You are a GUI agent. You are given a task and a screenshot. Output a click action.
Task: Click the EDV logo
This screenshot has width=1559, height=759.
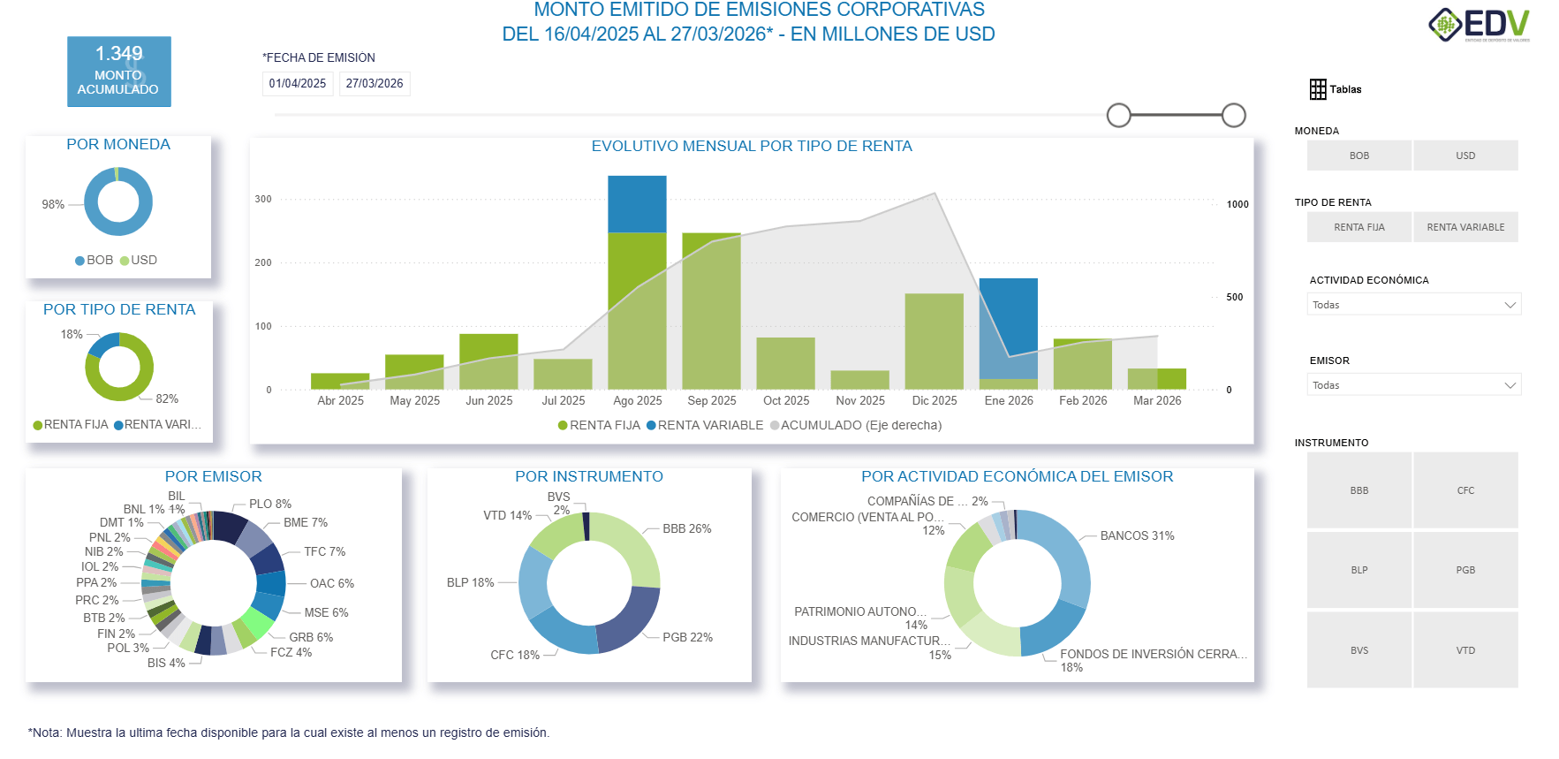(x=1480, y=25)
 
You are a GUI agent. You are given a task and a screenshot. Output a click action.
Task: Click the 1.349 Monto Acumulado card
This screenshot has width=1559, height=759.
(x=119, y=72)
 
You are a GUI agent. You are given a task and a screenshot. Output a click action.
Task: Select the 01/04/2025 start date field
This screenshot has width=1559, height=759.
(x=298, y=84)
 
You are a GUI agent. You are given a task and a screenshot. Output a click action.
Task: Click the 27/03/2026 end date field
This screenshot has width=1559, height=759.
(x=375, y=84)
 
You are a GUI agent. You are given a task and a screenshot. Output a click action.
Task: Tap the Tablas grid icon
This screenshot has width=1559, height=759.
(x=1318, y=89)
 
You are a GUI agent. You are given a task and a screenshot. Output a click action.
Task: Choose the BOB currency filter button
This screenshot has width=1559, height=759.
(x=1358, y=156)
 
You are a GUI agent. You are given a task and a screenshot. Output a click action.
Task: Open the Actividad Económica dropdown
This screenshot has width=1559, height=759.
(x=1413, y=305)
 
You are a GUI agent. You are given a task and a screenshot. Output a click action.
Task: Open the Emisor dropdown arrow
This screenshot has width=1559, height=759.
(x=1510, y=385)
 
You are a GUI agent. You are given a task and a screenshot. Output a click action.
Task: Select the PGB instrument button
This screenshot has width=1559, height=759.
(x=1465, y=570)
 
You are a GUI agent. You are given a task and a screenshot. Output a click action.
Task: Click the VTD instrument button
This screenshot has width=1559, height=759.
(x=1465, y=650)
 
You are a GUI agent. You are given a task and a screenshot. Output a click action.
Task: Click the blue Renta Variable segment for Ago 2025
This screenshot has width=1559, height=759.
(x=637, y=204)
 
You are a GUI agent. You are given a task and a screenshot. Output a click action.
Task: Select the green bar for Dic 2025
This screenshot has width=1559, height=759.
(x=934, y=340)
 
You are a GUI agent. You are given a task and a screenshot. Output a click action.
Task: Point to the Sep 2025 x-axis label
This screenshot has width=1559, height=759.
(x=711, y=401)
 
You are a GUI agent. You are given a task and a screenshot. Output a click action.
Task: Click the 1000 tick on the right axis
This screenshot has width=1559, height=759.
(x=1237, y=205)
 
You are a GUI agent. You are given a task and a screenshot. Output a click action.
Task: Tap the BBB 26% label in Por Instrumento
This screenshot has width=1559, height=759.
(x=686, y=529)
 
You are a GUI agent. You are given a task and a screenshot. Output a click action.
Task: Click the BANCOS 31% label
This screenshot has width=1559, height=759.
(x=1137, y=536)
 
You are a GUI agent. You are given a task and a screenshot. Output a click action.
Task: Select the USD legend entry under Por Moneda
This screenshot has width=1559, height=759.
(x=143, y=261)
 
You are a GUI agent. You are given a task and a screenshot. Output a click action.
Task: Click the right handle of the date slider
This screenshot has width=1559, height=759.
(x=1234, y=115)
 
